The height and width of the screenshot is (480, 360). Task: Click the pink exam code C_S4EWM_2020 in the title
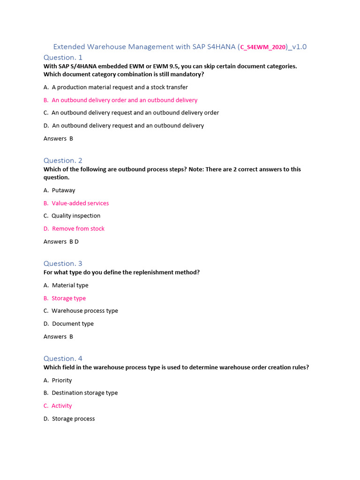click(263, 47)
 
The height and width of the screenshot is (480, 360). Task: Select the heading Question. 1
click(63, 57)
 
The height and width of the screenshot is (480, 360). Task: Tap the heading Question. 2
click(63, 160)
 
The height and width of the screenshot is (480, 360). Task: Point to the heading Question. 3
click(63, 263)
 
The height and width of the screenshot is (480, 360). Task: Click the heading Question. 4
click(63, 359)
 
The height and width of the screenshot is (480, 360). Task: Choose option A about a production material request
click(116, 87)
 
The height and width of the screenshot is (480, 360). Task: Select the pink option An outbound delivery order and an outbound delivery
click(120, 100)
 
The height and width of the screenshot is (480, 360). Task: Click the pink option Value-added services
click(76, 203)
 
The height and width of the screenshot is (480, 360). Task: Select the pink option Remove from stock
click(74, 229)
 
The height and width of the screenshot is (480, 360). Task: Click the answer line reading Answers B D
click(61, 241)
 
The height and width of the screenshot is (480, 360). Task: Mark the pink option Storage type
click(65, 298)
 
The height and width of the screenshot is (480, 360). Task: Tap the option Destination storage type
click(81, 393)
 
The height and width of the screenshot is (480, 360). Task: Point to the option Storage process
click(69, 419)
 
